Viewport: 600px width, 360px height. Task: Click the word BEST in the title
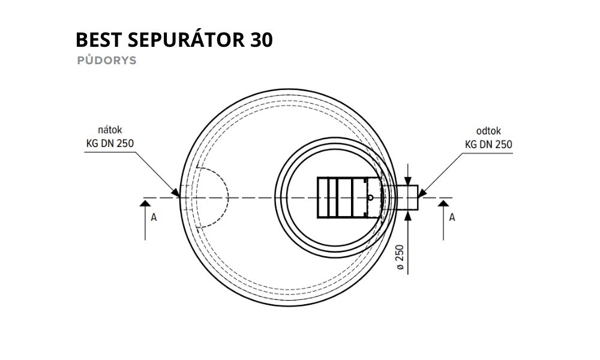(98, 40)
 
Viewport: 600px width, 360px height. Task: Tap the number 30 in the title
(262, 40)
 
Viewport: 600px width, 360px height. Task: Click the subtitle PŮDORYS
(107, 61)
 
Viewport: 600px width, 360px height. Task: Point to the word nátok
(110, 130)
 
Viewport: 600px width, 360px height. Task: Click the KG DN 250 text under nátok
(110, 143)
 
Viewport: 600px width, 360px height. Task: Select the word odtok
(488, 131)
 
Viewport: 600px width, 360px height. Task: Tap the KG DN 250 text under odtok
(488, 145)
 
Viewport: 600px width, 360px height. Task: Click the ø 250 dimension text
(400, 257)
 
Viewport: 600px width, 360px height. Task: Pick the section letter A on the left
(154, 217)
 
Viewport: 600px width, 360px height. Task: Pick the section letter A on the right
(452, 217)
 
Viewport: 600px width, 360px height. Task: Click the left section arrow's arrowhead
(145, 203)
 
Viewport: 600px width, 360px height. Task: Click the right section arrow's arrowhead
(443, 203)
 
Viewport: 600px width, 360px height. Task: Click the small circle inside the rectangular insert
(370, 198)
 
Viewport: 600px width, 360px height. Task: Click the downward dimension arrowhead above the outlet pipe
(408, 181)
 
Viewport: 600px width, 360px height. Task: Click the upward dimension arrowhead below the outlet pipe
(408, 215)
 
